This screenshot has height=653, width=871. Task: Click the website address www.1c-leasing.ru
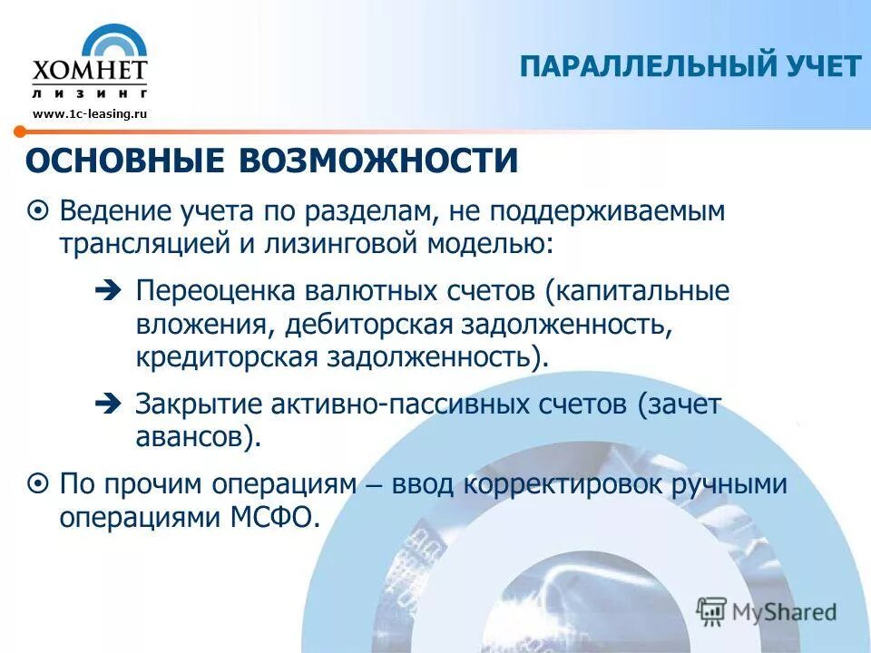[x=89, y=113]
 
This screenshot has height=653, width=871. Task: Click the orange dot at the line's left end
[x=18, y=132]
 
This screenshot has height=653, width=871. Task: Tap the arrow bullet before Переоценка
[x=106, y=293]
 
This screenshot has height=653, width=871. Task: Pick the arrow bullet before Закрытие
[x=106, y=404]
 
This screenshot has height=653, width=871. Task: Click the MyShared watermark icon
[x=712, y=610]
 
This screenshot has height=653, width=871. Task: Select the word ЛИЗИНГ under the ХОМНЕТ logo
[x=89, y=93]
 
